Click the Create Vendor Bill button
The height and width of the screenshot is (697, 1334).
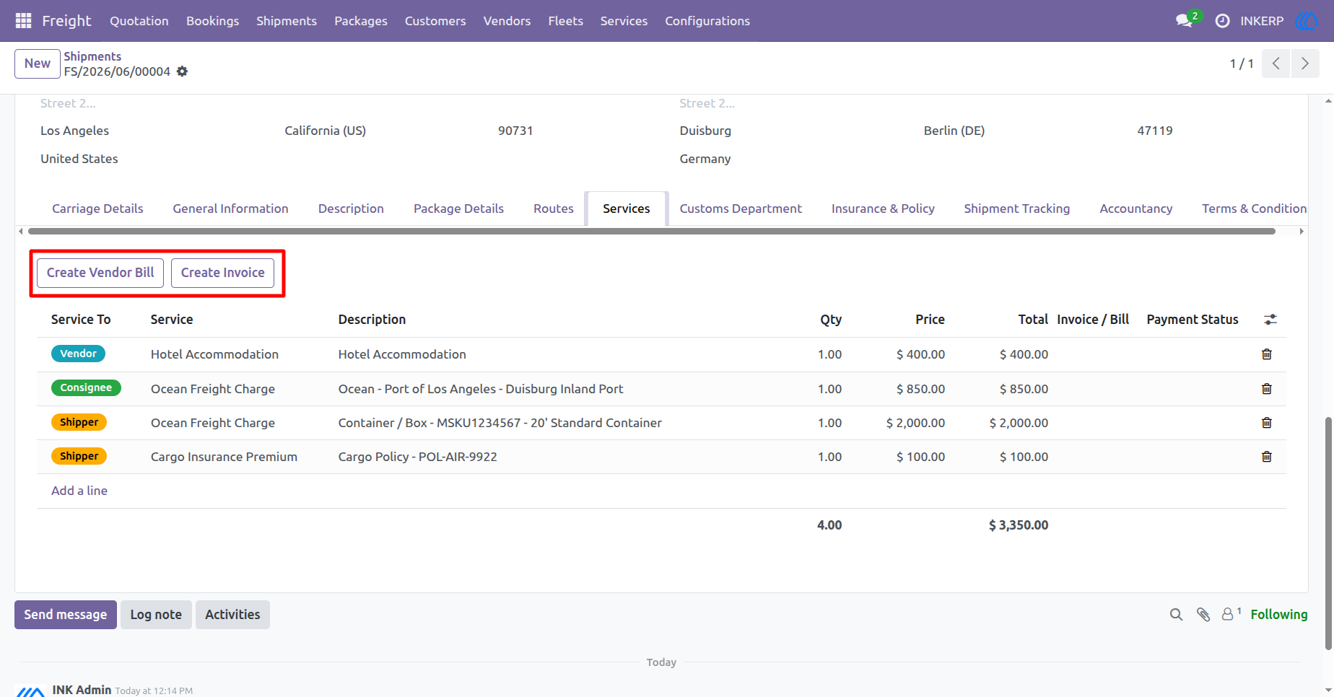tap(100, 273)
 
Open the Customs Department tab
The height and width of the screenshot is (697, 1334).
tap(741, 209)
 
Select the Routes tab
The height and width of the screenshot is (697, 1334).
tap(554, 209)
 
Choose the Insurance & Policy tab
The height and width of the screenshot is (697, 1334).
tap(883, 209)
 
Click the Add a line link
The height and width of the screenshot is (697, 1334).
tap(79, 491)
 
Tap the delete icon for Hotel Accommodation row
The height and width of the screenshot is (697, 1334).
tap(1266, 354)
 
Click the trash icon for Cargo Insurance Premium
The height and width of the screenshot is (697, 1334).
tap(1266, 457)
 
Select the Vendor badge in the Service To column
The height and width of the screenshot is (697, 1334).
tap(79, 354)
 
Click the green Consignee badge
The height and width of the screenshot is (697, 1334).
tap(86, 387)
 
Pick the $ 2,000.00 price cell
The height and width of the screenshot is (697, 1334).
tap(915, 423)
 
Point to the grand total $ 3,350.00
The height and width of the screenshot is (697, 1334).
tap(1018, 525)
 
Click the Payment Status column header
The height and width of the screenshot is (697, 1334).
tap(1193, 320)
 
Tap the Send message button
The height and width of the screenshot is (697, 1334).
tap(66, 615)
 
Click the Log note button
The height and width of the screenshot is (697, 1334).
tap(156, 615)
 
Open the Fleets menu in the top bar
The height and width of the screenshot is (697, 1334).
tap(565, 21)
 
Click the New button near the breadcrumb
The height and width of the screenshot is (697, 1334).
tap(38, 63)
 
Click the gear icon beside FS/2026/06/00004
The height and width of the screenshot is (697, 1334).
tap(183, 71)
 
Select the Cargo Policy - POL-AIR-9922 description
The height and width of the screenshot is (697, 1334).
tap(418, 457)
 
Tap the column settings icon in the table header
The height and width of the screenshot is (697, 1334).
tap(1270, 320)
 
